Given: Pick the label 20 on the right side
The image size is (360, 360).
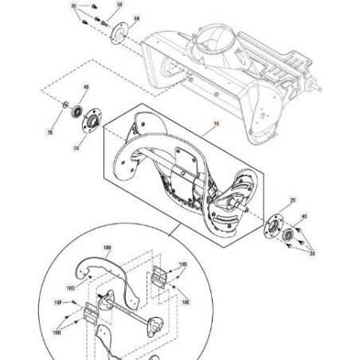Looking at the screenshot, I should coord(292,201).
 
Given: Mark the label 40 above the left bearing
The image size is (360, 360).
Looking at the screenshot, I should coord(86,87).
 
